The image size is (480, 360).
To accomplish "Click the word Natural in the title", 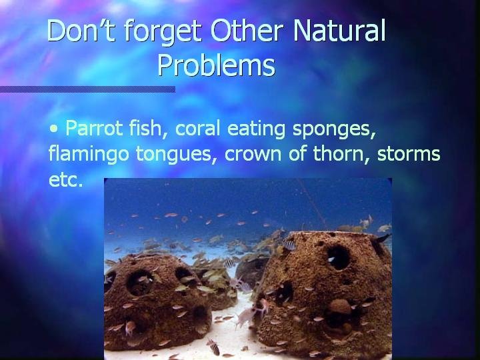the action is pyautogui.click(x=339, y=30).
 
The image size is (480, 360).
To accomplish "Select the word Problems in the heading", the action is pyautogui.click(x=217, y=65).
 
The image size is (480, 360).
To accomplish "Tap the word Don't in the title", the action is pyautogui.click(x=81, y=30).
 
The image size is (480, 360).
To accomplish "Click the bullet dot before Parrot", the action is pyautogui.click(x=54, y=129).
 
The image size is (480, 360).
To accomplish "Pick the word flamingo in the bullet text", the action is pyautogui.click(x=89, y=154).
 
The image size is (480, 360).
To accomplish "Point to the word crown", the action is pyautogui.click(x=253, y=154).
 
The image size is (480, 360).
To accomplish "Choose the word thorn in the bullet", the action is pyautogui.click(x=341, y=153).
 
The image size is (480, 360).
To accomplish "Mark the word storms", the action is pyautogui.click(x=409, y=154).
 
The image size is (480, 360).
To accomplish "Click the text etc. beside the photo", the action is pyautogui.click(x=66, y=180).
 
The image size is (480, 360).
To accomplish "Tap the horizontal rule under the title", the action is pyautogui.click(x=87, y=89).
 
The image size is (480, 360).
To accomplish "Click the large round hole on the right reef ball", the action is pyautogui.click(x=338, y=258).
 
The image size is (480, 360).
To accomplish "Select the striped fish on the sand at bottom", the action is pyautogui.click(x=214, y=347).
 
